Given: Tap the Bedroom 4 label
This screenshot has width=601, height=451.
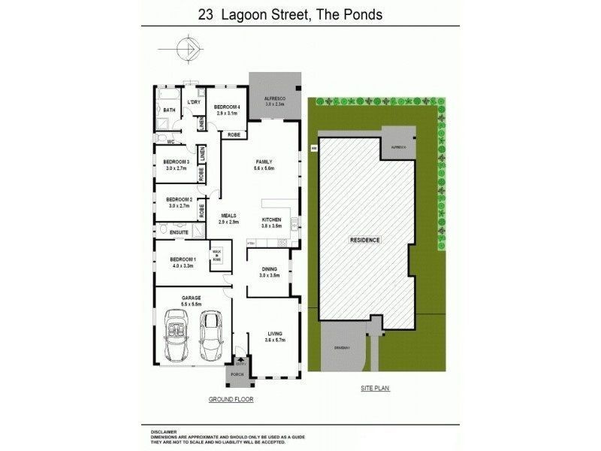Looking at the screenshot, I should coord(227,107).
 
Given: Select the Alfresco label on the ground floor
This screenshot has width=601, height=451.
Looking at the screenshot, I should coord(274,99).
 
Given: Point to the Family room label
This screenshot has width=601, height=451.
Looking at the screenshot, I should coord(263,162).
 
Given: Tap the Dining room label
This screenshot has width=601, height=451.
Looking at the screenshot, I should coord(269,268).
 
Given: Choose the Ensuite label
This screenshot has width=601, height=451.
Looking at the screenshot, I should coord(179,232).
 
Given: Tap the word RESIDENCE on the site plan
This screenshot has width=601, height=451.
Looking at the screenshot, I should coord(366,240).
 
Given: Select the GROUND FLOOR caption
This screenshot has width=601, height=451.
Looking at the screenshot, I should coord(231,400).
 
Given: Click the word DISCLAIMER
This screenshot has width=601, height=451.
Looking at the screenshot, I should coord(164,431).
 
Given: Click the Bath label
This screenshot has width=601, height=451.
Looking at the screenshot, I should coord(169,110).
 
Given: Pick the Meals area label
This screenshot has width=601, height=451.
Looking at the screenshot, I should coord(228,216).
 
